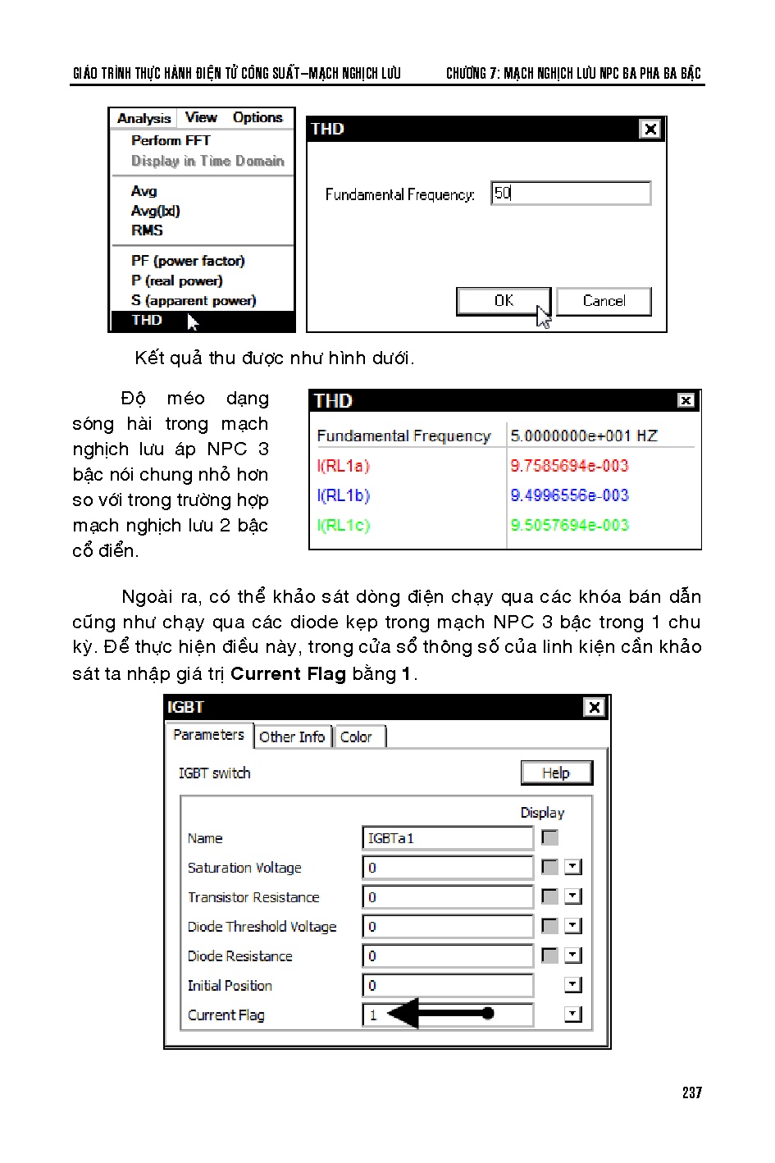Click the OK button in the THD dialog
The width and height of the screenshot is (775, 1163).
pos(504,301)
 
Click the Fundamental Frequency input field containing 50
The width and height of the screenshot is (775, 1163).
pos(571,194)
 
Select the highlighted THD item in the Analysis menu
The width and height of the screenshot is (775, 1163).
pos(148,321)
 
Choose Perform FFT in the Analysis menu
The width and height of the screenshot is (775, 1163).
pos(171,141)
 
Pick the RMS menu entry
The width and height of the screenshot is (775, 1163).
pos(147,230)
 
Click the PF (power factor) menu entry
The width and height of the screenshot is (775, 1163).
pos(188,261)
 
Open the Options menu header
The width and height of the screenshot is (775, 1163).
pos(258,118)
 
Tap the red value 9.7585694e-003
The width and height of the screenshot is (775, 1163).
pos(569,466)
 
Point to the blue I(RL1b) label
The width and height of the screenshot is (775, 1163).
pos(344,495)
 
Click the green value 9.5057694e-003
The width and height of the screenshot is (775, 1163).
pos(569,525)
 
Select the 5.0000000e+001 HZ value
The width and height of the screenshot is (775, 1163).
pos(583,436)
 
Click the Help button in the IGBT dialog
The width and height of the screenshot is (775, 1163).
pos(556,773)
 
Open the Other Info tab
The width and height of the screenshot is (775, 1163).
pos(292,737)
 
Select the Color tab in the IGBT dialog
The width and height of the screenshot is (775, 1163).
pos(356,737)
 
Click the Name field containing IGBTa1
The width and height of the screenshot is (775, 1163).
pos(447,838)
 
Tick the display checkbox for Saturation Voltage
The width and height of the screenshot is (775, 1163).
pos(550,867)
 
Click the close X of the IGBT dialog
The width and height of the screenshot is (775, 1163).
pos(595,707)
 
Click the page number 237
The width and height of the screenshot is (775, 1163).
pos(691,1092)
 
